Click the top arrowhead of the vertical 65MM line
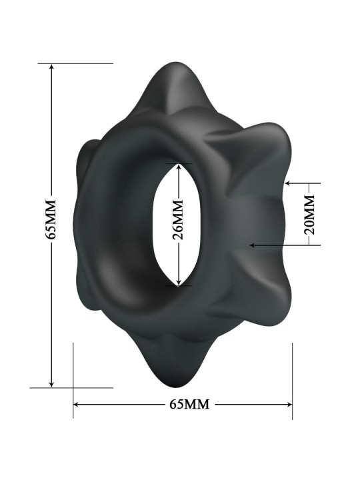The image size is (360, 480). pyautogui.click(x=51, y=67)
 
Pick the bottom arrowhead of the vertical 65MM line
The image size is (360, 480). pyautogui.click(x=51, y=384)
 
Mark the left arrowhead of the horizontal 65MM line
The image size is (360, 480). pyautogui.click(x=76, y=405)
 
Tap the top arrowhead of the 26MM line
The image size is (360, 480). pyautogui.click(x=179, y=165)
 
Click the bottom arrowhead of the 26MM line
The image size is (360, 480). pyautogui.click(x=179, y=283)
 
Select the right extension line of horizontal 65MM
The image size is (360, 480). pyautogui.click(x=292, y=380)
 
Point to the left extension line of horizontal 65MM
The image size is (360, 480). pyautogui.click(x=73, y=380)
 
